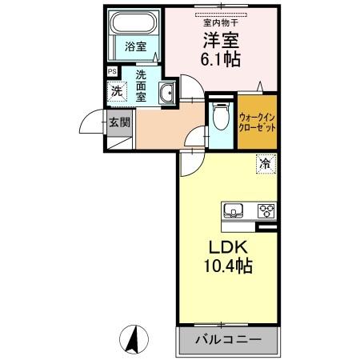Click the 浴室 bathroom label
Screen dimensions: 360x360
point(135,47)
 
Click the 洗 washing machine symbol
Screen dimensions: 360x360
point(117,91)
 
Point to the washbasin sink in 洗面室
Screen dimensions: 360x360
point(166,94)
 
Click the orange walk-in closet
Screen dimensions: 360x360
point(257,123)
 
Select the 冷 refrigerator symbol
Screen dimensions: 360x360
point(264,164)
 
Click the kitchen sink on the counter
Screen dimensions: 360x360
point(234,211)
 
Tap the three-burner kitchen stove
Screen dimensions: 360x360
point(265,211)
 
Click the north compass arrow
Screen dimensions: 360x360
point(136,339)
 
